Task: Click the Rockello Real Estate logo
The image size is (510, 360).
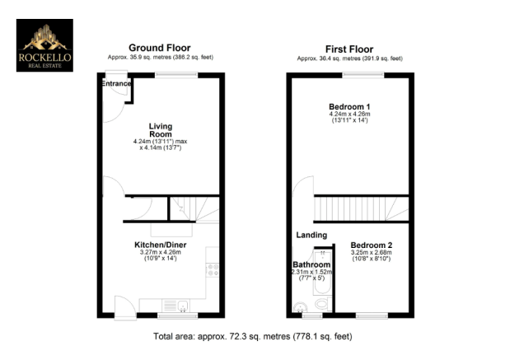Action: [44, 45]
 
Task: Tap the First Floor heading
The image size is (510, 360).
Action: [349, 48]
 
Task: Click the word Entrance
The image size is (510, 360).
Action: [116, 84]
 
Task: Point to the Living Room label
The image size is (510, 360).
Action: [160, 130]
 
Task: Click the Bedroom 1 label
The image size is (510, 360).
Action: [349, 107]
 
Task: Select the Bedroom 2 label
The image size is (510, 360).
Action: [371, 245]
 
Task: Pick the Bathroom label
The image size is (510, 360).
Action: [311, 264]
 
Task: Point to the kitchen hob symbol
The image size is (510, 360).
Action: [213, 269]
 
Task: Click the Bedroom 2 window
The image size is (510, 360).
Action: [372, 315]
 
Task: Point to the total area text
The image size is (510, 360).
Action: [255, 336]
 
